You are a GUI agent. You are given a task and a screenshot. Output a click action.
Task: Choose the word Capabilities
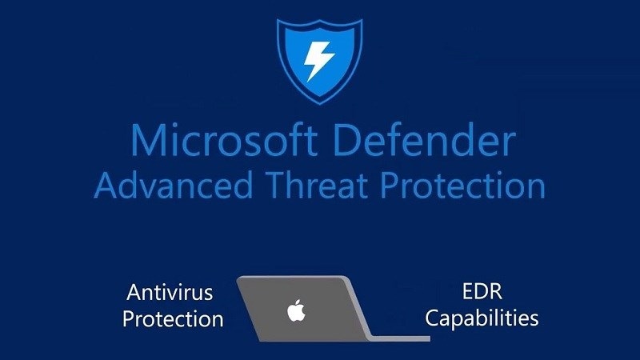481,318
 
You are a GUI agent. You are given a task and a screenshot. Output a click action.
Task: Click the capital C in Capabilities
432,318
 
